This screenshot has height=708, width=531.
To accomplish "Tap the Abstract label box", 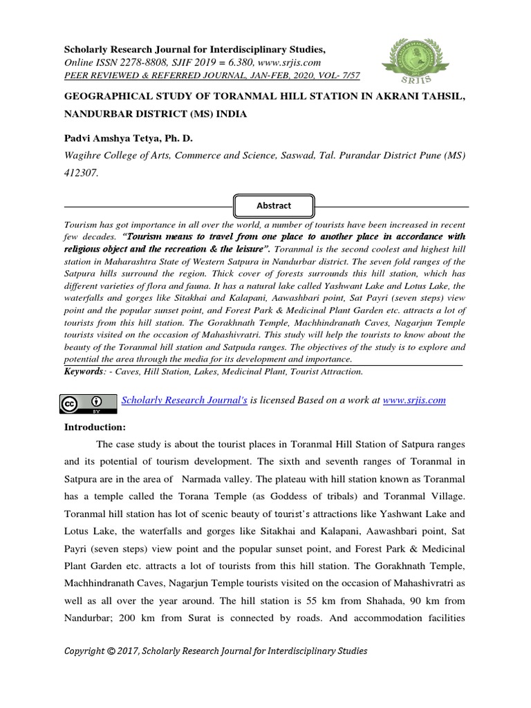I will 274,205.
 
